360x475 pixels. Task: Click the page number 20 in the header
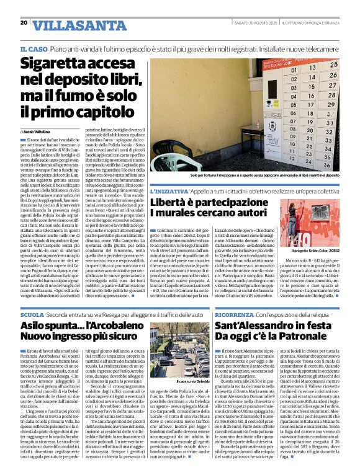coord(24,22)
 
